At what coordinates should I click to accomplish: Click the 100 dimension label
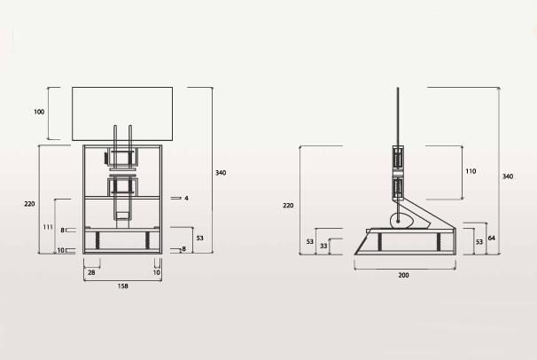[x=39, y=112]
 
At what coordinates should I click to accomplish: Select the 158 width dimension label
[x=122, y=286]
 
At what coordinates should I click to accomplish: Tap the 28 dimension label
[x=91, y=272]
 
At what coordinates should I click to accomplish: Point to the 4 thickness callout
[x=186, y=199]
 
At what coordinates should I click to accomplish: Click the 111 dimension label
[x=48, y=227]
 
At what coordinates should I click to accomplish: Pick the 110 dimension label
[x=471, y=171]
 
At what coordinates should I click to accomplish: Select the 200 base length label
[x=403, y=275]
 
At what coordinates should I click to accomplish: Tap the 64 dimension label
[x=492, y=238]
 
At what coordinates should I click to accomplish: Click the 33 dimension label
[x=323, y=246]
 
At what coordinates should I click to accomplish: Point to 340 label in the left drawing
[x=221, y=173]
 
